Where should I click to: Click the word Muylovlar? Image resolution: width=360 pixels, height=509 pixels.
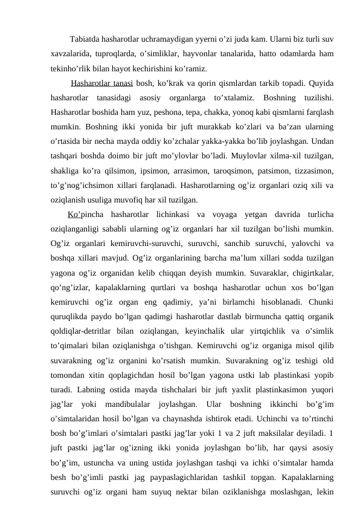(245, 156)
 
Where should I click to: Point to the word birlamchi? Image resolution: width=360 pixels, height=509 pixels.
(245, 301)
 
